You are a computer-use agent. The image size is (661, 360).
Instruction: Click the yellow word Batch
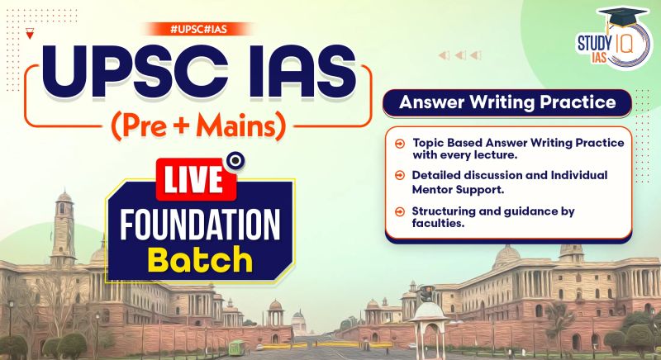click(x=200, y=258)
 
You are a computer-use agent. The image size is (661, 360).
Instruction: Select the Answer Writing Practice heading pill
click(x=506, y=104)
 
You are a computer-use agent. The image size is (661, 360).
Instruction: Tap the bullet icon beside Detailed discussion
click(x=400, y=175)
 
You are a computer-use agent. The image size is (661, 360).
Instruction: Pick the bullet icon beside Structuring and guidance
click(x=400, y=211)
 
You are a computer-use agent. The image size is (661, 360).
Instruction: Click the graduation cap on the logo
click(x=623, y=19)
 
